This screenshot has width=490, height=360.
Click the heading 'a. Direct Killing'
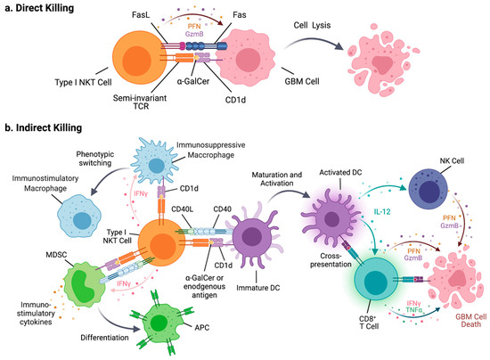click(x=43, y=8)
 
